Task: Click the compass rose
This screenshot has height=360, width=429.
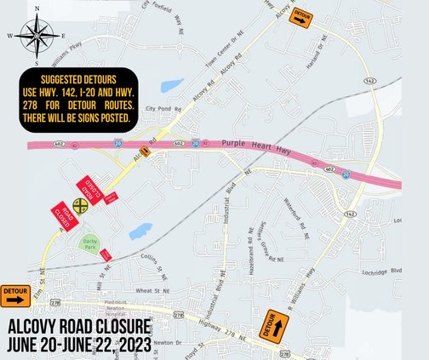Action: click(x=37, y=37)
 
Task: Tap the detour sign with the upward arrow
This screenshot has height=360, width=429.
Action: click(x=275, y=327)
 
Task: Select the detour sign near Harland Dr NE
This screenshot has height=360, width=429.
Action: click(x=300, y=18)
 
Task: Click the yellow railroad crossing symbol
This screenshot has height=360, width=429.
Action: click(x=80, y=205)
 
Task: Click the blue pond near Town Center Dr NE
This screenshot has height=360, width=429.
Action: click(x=173, y=86)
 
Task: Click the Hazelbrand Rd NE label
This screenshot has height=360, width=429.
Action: click(x=252, y=248)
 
